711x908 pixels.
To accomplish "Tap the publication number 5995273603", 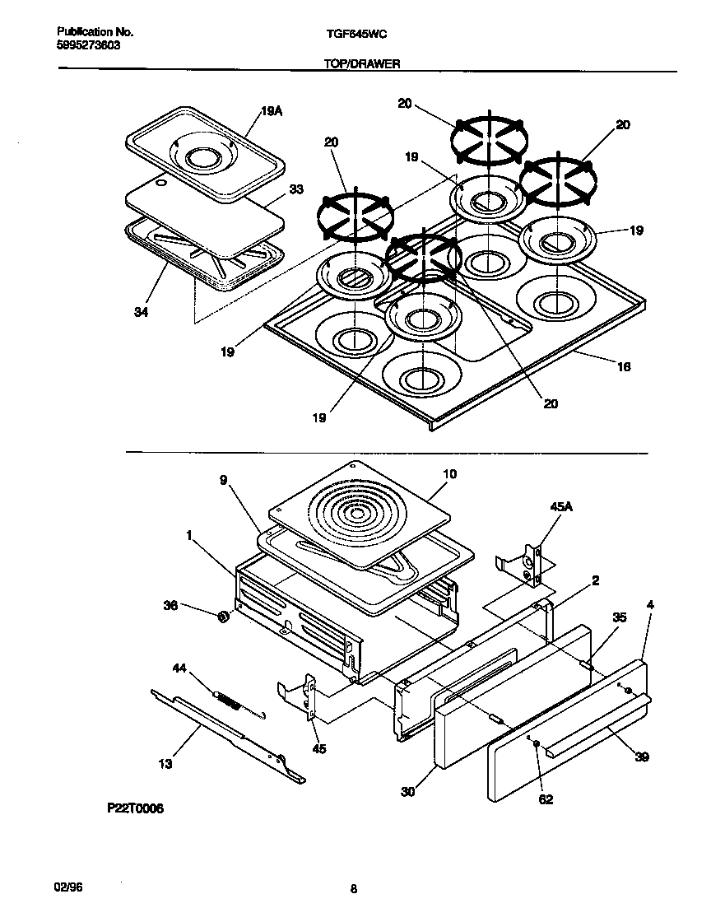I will point(89,46).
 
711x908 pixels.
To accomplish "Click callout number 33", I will point(296,189).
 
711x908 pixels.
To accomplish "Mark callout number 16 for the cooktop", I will point(623,366).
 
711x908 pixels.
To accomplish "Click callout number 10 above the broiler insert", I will point(449,474).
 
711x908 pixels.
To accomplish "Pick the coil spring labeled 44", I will point(230,702).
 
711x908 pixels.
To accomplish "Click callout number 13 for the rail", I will point(165,764).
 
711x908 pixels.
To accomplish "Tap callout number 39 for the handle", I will point(641,757).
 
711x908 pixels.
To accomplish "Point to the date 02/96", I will point(69,888).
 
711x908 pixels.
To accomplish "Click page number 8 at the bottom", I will point(354,889).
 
